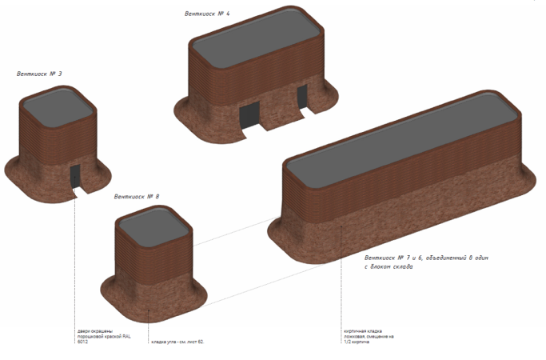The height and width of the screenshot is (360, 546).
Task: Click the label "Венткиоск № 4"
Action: click(207, 14)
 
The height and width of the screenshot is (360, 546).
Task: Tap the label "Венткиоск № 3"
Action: click(40, 74)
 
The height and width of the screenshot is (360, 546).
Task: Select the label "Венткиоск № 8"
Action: click(137, 196)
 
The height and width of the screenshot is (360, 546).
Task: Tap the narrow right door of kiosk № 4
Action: click(302, 98)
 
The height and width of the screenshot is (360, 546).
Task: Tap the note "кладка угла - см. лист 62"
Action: click(177, 342)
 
